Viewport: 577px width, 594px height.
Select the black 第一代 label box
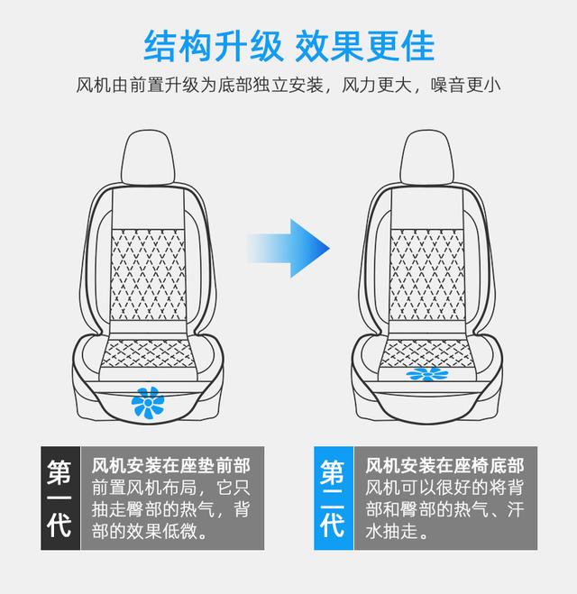[60, 498]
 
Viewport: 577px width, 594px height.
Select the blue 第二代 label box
[333, 498]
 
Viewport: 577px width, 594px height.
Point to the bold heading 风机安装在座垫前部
[171, 466]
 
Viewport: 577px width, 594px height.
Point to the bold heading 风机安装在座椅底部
[444, 466]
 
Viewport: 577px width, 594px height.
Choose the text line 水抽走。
[397, 532]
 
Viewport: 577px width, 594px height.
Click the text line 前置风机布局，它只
[171, 488]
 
